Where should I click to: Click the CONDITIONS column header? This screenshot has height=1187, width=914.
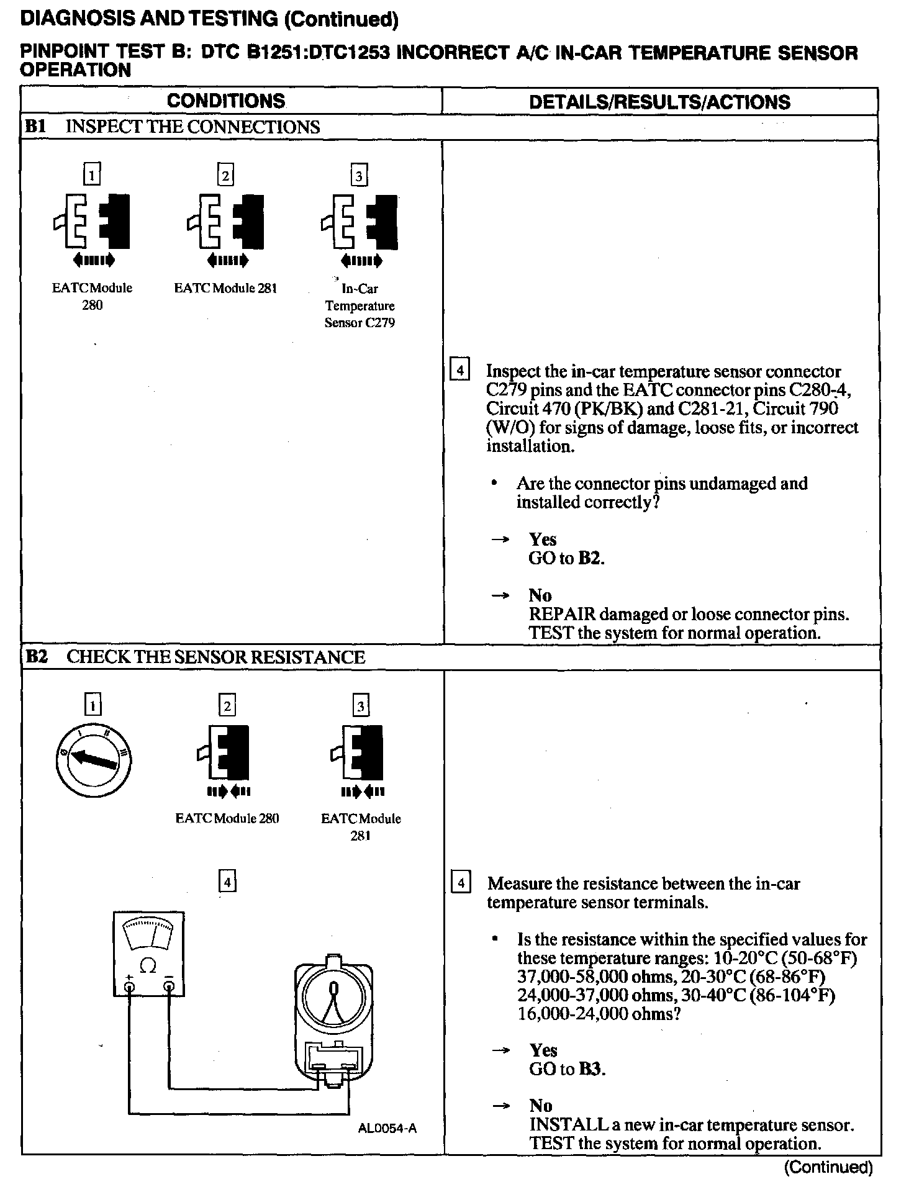click(226, 101)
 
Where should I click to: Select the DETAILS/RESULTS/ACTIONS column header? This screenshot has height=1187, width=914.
click(659, 102)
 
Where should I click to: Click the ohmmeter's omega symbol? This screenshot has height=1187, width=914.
click(148, 965)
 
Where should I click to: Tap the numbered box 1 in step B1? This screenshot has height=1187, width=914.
click(92, 175)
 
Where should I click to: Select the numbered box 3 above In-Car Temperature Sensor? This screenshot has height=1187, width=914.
click(359, 176)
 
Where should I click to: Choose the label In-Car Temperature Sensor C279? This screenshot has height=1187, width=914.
click(360, 305)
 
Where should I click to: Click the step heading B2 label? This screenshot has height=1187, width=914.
click(37, 657)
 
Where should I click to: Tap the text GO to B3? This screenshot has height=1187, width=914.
click(567, 1068)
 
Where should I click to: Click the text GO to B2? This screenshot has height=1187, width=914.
click(566, 557)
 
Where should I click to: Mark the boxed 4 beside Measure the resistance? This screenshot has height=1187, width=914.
click(460, 882)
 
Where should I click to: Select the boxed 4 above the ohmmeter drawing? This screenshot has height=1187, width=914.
click(228, 881)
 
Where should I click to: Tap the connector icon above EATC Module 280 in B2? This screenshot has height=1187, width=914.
click(227, 752)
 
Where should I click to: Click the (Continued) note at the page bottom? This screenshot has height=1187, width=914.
click(828, 1167)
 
